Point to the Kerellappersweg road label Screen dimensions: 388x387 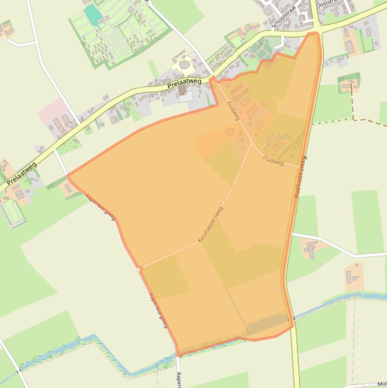[210, 225]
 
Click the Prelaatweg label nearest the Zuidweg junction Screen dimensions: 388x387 [184, 83]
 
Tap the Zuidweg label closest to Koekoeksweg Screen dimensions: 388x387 [273, 161]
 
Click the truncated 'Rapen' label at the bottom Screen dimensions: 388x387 [178, 379]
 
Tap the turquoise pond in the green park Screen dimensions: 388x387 [93, 15]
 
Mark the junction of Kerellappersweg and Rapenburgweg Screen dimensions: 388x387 [141, 268]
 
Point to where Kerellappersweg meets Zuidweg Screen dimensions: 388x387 [251, 144]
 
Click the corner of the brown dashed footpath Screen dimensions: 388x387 [353, 119]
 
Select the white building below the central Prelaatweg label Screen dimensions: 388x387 [186, 96]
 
